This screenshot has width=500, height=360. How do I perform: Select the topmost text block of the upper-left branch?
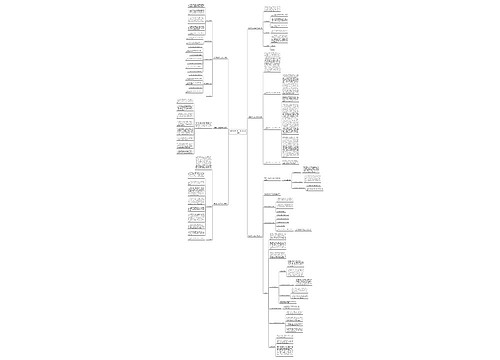point(198,9)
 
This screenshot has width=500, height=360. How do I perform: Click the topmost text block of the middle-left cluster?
point(185,103)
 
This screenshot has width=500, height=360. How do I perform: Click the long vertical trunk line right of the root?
point(247,130)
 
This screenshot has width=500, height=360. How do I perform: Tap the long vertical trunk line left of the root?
point(228,130)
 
